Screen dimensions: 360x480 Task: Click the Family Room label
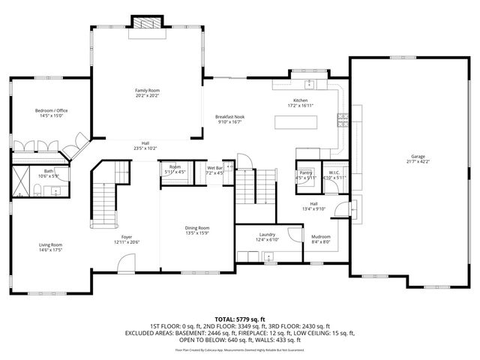pyautogui.click(x=147, y=91)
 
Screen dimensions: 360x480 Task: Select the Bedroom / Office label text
pyautogui.click(x=51, y=111)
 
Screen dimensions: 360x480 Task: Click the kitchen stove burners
pyautogui.click(x=343, y=118)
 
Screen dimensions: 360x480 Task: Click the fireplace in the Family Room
pyautogui.click(x=147, y=23)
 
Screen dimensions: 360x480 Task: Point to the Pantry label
pyautogui.click(x=305, y=172)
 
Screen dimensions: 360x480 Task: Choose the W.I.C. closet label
pyautogui.click(x=334, y=172)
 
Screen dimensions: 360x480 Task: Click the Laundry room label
pyautogui.click(x=268, y=235)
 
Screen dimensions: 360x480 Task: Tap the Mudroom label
pyautogui.click(x=321, y=237)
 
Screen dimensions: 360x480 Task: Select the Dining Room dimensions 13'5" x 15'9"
pyautogui.click(x=197, y=232)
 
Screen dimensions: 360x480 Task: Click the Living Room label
pyautogui.click(x=51, y=244)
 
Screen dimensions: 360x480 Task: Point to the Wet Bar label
pyautogui.click(x=215, y=167)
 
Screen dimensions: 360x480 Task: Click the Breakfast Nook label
pyautogui.click(x=229, y=116)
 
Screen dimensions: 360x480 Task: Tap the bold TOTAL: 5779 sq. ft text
pyautogui.click(x=240, y=319)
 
